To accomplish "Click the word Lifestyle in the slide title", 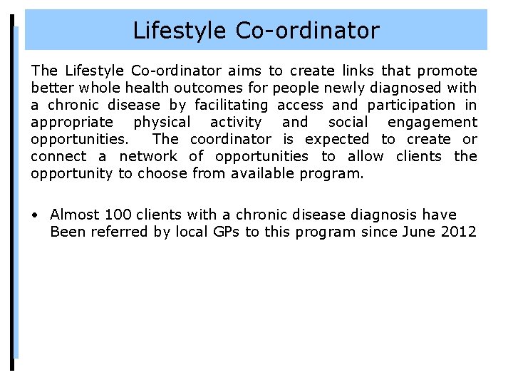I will click(177, 31).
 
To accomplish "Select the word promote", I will click(447, 71).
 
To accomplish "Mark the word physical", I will click(162, 123).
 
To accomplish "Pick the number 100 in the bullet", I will click(116, 215).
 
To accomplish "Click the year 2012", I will click(460, 232).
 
